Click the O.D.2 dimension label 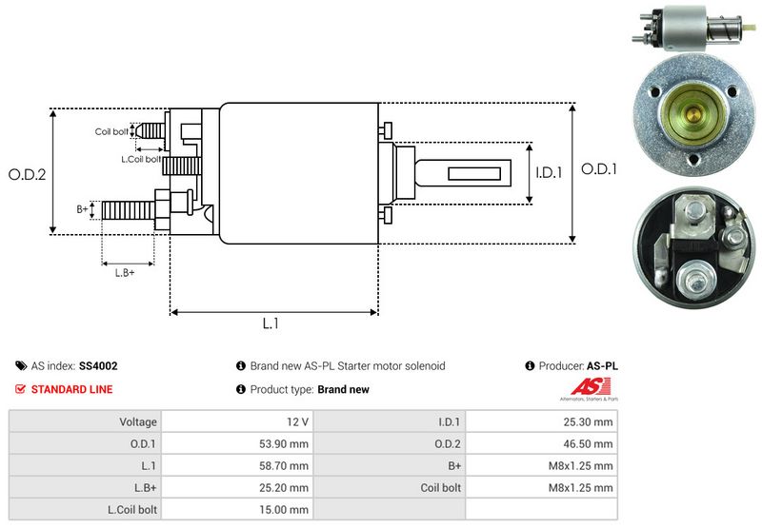(x=28, y=174)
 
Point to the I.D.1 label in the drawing (x=550, y=173)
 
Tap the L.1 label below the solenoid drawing (x=271, y=323)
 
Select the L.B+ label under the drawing (x=125, y=273)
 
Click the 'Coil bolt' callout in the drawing (x=111, y=131)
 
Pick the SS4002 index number (x=98, y=365)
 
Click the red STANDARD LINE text (x=71, y=389)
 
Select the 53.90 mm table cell (x=286, y=443)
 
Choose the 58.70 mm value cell (x=286, y=465)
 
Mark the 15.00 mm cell (x=286, y=509)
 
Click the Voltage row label (x=138, y=421)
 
